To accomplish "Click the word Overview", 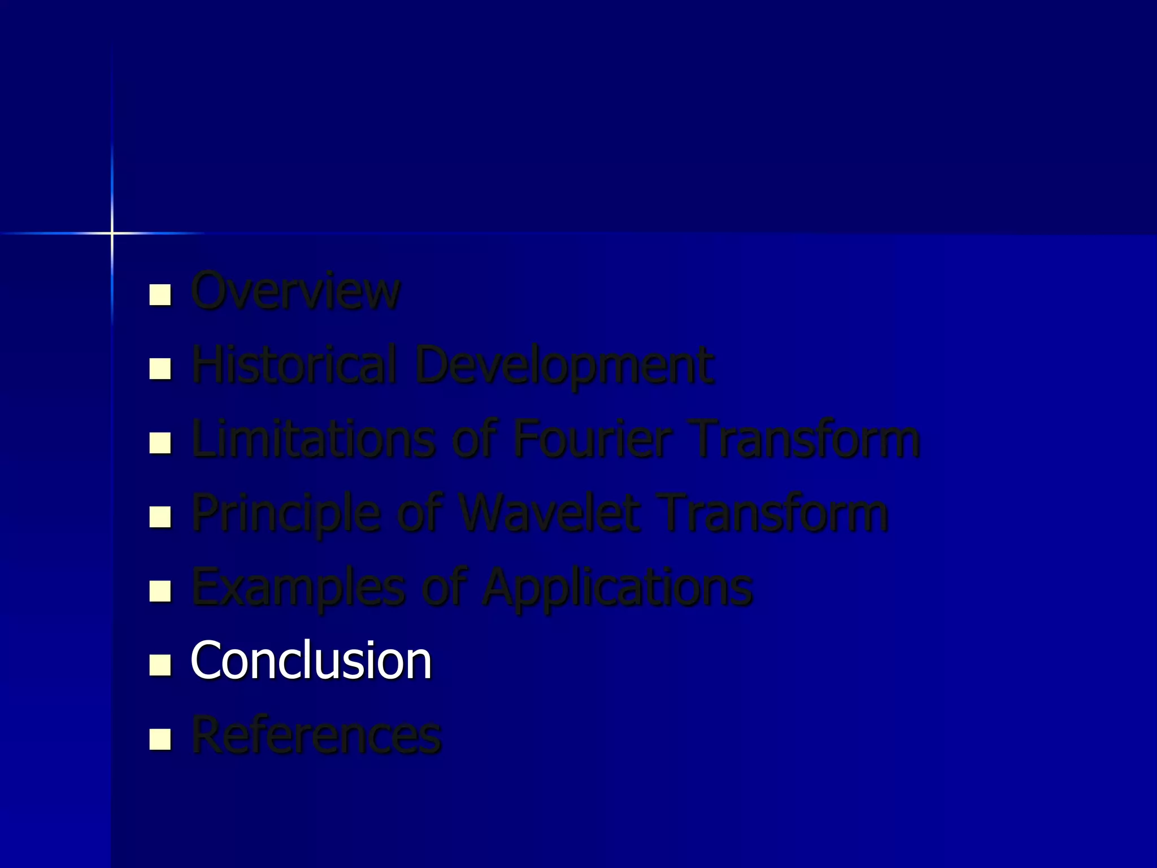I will click(x=295, y=291).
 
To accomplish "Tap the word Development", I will click(x=564, y=366).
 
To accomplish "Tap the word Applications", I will click(x=617, y=588).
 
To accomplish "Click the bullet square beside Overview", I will click(x=160, y=294).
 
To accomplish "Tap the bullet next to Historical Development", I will click(x=160, y=368).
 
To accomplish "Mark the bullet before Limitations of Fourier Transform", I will click(x=160, y=442).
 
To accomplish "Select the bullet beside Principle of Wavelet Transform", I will click(x=160, y=517).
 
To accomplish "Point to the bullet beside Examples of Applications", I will click(x=160, y=591).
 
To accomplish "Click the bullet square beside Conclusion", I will click(x=160, y=665).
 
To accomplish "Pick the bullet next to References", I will click(x=160, y=739).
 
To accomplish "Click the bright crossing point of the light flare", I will click(x=112, y=233).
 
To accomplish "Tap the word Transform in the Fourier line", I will click(x=806, y=439).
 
